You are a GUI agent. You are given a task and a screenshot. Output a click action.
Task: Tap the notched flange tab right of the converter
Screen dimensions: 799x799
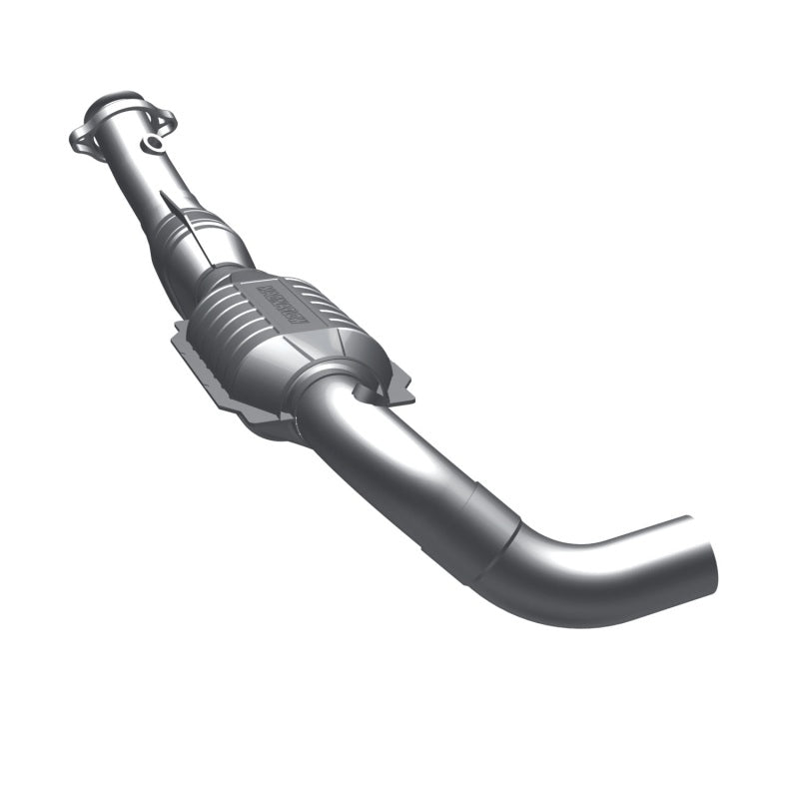(x=399, y=385)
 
